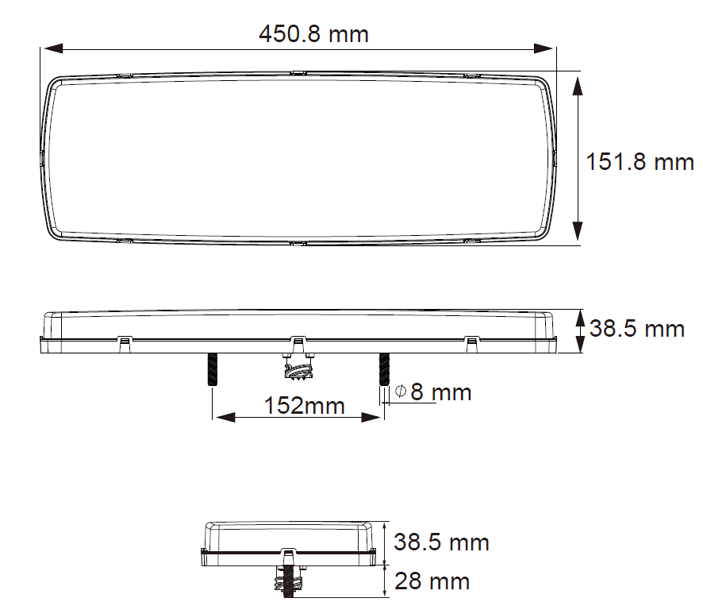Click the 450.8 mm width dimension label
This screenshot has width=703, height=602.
coord(313,34)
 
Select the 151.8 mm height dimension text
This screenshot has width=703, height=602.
coord(640,162)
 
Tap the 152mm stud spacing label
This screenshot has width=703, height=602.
coord(293,405)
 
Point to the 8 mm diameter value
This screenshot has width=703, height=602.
coord(441,392)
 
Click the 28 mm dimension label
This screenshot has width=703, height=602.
coord(432,581)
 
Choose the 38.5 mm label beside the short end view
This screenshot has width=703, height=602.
coord(442,542)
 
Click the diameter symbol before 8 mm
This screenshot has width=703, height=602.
coord(401,392)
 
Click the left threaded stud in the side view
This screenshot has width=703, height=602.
coord(213,369)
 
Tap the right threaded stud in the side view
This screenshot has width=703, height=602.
coord(385,369)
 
